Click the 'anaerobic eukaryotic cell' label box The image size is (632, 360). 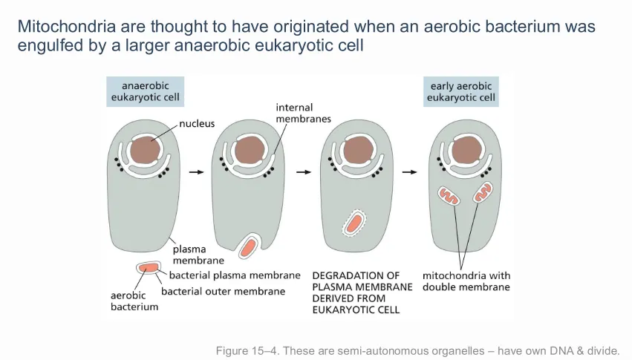pos(145,91)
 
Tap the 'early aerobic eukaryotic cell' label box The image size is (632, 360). pos(460,91)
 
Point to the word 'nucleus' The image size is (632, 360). pos(197,123)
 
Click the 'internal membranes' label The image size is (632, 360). pos(303,113)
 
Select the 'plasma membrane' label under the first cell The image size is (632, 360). pos(198,255)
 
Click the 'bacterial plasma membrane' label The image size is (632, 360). pos(235,275)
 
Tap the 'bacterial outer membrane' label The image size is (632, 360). pos(223,291)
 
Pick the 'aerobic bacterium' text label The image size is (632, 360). pos(134,301)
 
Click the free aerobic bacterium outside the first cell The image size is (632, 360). pos(149,267)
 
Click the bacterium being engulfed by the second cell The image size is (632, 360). pos(248,246)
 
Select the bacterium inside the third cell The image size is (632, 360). pos(355,223)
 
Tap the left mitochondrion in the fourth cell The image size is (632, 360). pos(449,196)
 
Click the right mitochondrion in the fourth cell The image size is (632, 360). pos(483,192)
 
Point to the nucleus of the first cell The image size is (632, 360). pos(145,150)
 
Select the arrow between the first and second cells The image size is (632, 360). pos(197,172)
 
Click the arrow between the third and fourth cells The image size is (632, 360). pos(409,172)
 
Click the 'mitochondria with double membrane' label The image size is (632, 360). pos(466,281)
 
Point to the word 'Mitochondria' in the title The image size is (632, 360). pos(67,27)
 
